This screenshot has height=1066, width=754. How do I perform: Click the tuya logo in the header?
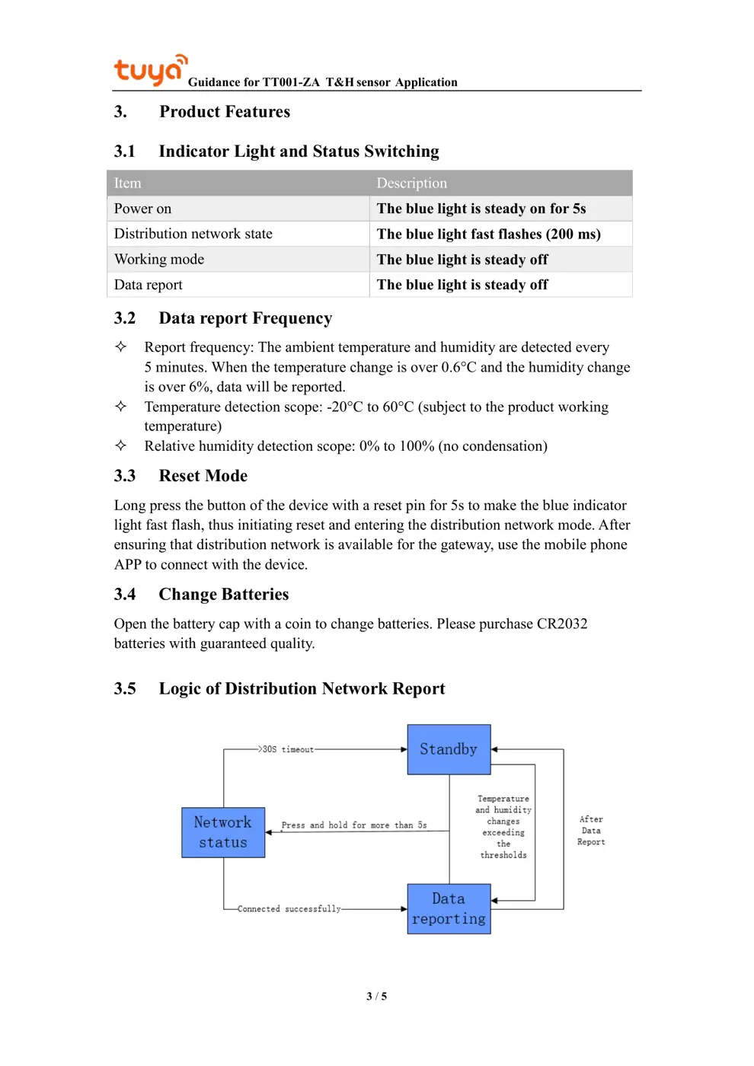coord(150,70)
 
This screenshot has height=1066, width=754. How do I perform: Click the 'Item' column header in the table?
coord(128,184)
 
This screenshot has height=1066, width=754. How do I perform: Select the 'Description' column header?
coord(411,184)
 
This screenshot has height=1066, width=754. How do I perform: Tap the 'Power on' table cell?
coord(143,209)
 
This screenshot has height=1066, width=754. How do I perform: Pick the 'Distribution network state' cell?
coord(193,234)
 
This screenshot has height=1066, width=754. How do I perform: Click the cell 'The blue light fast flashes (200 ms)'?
coord(488,234)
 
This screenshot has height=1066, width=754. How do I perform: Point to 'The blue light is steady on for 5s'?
coord(481,209)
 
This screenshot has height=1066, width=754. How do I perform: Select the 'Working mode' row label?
coord(159,260)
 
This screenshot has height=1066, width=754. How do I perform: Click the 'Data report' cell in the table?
coord(149,285)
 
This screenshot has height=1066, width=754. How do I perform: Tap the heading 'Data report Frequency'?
coord(245,318)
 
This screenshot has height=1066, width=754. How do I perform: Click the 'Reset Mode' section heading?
coord(203,476)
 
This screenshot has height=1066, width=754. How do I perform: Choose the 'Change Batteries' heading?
coord(223,595)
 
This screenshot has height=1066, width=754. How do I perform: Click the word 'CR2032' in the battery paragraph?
coord(562,624)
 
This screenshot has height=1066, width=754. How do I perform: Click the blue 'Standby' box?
coord(449,749)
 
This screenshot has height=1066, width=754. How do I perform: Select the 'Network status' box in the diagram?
coord(223,832)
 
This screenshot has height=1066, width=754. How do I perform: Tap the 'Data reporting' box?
coord(449,908)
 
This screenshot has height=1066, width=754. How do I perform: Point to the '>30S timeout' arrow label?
coord(286,749)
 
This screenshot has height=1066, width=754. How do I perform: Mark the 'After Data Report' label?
coord(591,831)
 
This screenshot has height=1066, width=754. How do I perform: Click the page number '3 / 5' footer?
coord(376,996)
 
